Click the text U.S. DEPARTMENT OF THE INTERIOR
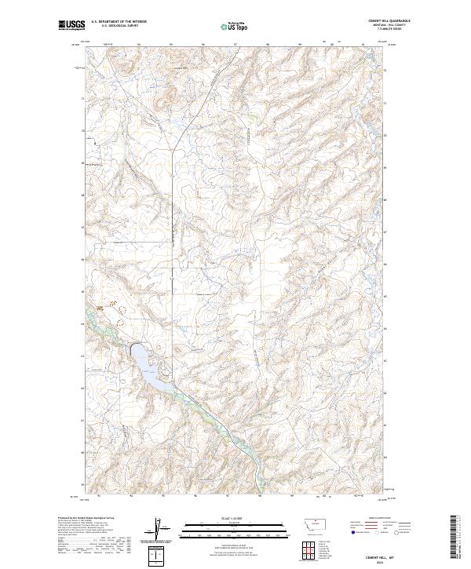click(x=119, y=21)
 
